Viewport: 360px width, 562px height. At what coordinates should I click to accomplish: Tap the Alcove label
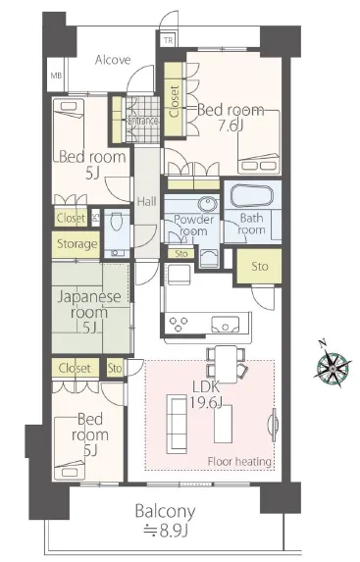(113, 60)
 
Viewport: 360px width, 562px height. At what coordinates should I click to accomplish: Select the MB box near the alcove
(56, 76)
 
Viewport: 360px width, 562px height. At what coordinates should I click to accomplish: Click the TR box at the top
(168, 40)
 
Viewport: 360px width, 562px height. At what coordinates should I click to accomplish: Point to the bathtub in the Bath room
(251, 196)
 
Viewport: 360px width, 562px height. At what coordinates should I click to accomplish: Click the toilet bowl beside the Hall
(117, 222)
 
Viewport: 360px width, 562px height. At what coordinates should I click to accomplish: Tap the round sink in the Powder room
(208, 204)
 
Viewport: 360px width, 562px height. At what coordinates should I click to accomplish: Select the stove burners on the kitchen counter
(179, 324)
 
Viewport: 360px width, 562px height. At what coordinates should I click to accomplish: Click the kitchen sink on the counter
(225, 325)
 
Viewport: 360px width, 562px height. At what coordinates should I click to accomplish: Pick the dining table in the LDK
(227, 364)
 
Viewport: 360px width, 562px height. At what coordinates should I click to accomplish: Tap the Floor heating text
(239, 462)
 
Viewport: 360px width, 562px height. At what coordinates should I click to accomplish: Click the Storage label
(77, 244)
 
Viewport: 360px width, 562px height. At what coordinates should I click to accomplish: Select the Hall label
(147, 201)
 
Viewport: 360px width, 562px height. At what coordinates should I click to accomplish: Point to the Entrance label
(143, 121)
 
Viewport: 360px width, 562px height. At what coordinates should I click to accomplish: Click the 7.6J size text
(231, 126)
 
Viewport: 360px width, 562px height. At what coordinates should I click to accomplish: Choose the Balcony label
(165, 511)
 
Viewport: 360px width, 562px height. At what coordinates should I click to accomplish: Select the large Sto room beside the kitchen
(258, 267)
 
